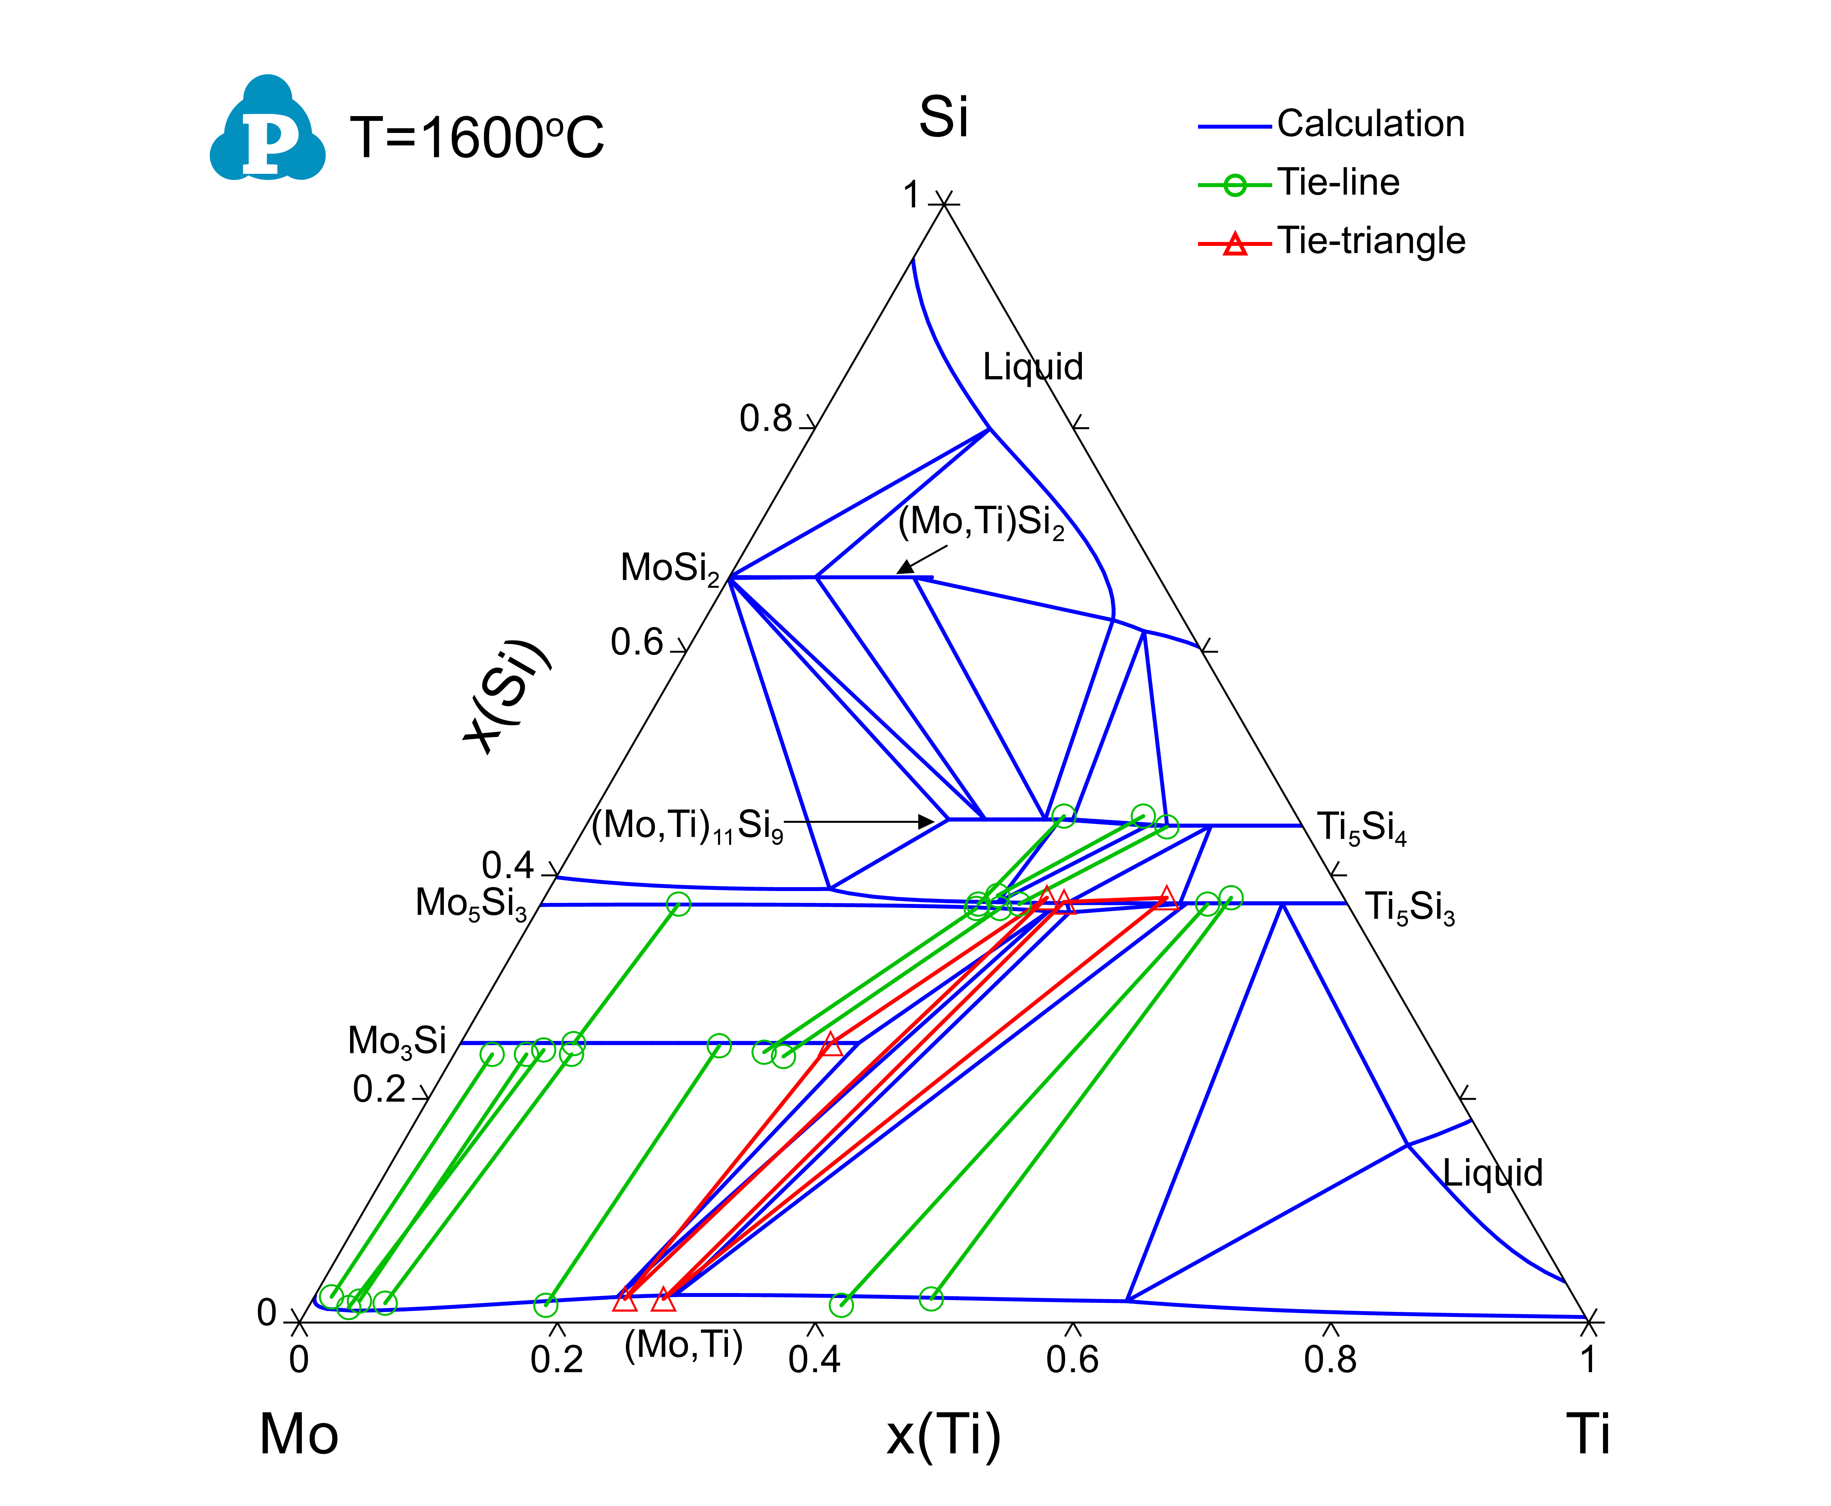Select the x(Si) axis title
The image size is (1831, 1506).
506,697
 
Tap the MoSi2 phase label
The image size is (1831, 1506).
670,569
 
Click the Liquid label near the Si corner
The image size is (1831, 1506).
1033,367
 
